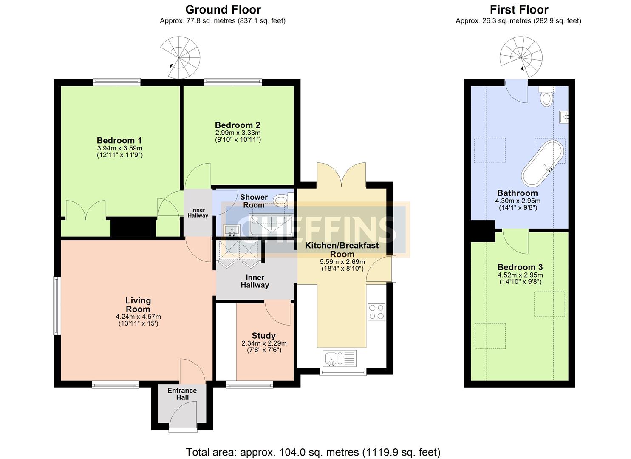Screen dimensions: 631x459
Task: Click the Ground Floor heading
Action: pos(223,10)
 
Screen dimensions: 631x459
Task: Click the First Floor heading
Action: pos(519,10)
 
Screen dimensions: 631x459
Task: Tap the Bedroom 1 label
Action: pos(119,140)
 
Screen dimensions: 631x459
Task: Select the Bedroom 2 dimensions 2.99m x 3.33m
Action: pos(238,133)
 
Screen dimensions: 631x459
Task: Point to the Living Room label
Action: pos(138,305)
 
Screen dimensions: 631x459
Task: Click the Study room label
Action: pos(264,336)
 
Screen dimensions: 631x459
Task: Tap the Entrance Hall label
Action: pos(182,394)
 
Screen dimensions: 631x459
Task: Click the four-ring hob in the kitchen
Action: pos(376,312)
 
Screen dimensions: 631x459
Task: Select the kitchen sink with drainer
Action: pos(340,358)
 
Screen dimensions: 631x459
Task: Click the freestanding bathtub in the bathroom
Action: pos(543,163)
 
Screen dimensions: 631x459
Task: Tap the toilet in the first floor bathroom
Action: pos(547,96)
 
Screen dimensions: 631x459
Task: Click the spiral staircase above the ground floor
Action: pos(180,57)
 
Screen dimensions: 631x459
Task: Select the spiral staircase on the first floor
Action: pos(521,57)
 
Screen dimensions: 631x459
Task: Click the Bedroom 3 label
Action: pos(520,267)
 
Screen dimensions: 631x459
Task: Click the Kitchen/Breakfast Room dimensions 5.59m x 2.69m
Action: pos(342,262)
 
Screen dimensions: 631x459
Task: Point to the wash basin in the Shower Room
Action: pos(232,230)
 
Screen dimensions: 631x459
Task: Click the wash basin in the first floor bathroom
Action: pos(564,117)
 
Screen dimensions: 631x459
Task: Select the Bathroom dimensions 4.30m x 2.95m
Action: pos(518,201)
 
